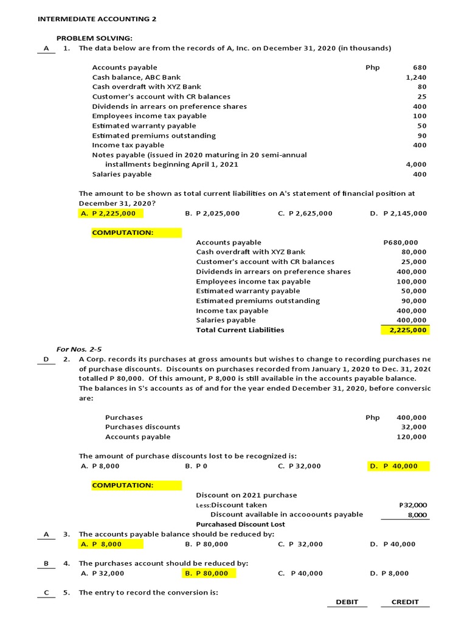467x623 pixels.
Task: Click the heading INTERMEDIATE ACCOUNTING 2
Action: [97, 19]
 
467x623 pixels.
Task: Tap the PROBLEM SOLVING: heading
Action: [94, 38]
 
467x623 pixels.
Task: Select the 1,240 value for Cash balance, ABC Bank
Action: [416, 77]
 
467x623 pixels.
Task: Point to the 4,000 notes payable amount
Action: [416, 164]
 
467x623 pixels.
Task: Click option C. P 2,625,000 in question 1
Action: [305, 214]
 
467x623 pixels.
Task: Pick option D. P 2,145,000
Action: [398, 214]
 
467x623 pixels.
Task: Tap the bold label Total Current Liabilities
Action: [240, 330]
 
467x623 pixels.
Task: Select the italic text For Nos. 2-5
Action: [79, 349]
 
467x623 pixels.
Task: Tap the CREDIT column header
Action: [405, 602]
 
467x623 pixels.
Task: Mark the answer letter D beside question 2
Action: [46, 360]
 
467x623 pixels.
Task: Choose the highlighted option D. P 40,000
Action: [399, 466]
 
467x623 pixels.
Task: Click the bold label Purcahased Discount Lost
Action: [240, 524]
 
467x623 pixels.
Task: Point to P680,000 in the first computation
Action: [405, 242]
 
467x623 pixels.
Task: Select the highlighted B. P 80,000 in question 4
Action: [208, 573]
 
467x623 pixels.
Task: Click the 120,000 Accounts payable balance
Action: [412, 437]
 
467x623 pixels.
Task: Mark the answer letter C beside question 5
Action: [46, 593]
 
